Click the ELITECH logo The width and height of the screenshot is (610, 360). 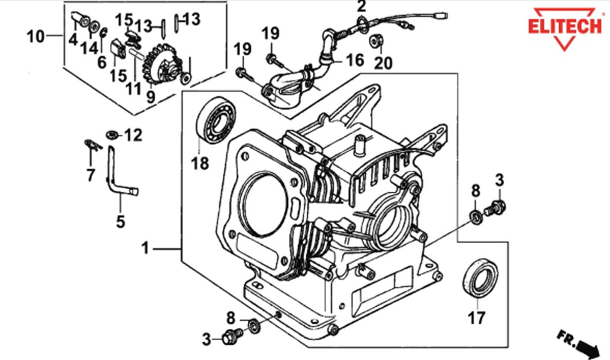pyautogui.click(x=566, y=26)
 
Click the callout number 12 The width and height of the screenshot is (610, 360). pyautogui.click(x=133, y=135)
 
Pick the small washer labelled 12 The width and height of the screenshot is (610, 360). pyautogui.click(x=110, y=135)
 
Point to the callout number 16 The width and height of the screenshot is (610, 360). pyautogui.click(x=355, y=61)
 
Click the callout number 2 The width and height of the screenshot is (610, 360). pyautogui.click(x=362, y=7)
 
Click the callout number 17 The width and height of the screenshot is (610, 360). pyautogui.click(x=476, y=318)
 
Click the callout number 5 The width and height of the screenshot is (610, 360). pyautogui.click(x=121, y=222)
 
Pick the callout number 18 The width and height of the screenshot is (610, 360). pyautogui.click(x=201, y=164)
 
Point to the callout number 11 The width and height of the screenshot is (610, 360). pyautogui.click(x=134, y=88)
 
